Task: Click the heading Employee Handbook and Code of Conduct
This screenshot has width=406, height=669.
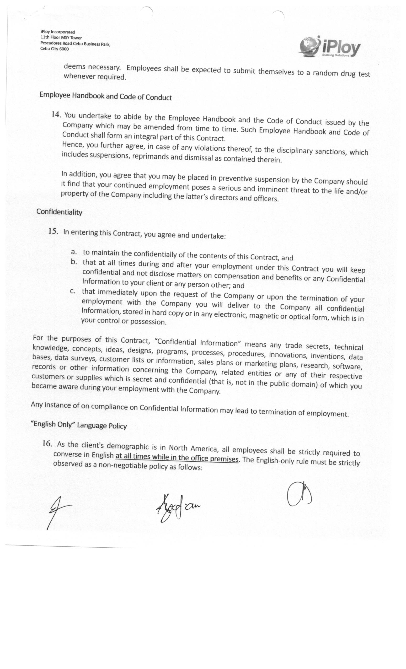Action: click(106, 96)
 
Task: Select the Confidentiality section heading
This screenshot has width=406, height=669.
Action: click(59, 212)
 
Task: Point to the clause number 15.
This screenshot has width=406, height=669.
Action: click(53, 231)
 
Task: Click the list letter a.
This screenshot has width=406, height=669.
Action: click(73, 252)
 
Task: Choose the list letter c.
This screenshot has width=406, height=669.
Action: click(72, 291)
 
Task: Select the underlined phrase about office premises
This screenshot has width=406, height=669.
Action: click(177, 457)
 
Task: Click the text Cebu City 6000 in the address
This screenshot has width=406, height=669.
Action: click(54, 49)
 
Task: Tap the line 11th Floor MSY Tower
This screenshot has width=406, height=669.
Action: click(61, 38)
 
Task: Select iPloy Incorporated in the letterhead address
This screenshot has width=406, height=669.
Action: click(58, 32)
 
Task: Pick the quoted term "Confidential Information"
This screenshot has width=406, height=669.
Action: click(197, 342)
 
